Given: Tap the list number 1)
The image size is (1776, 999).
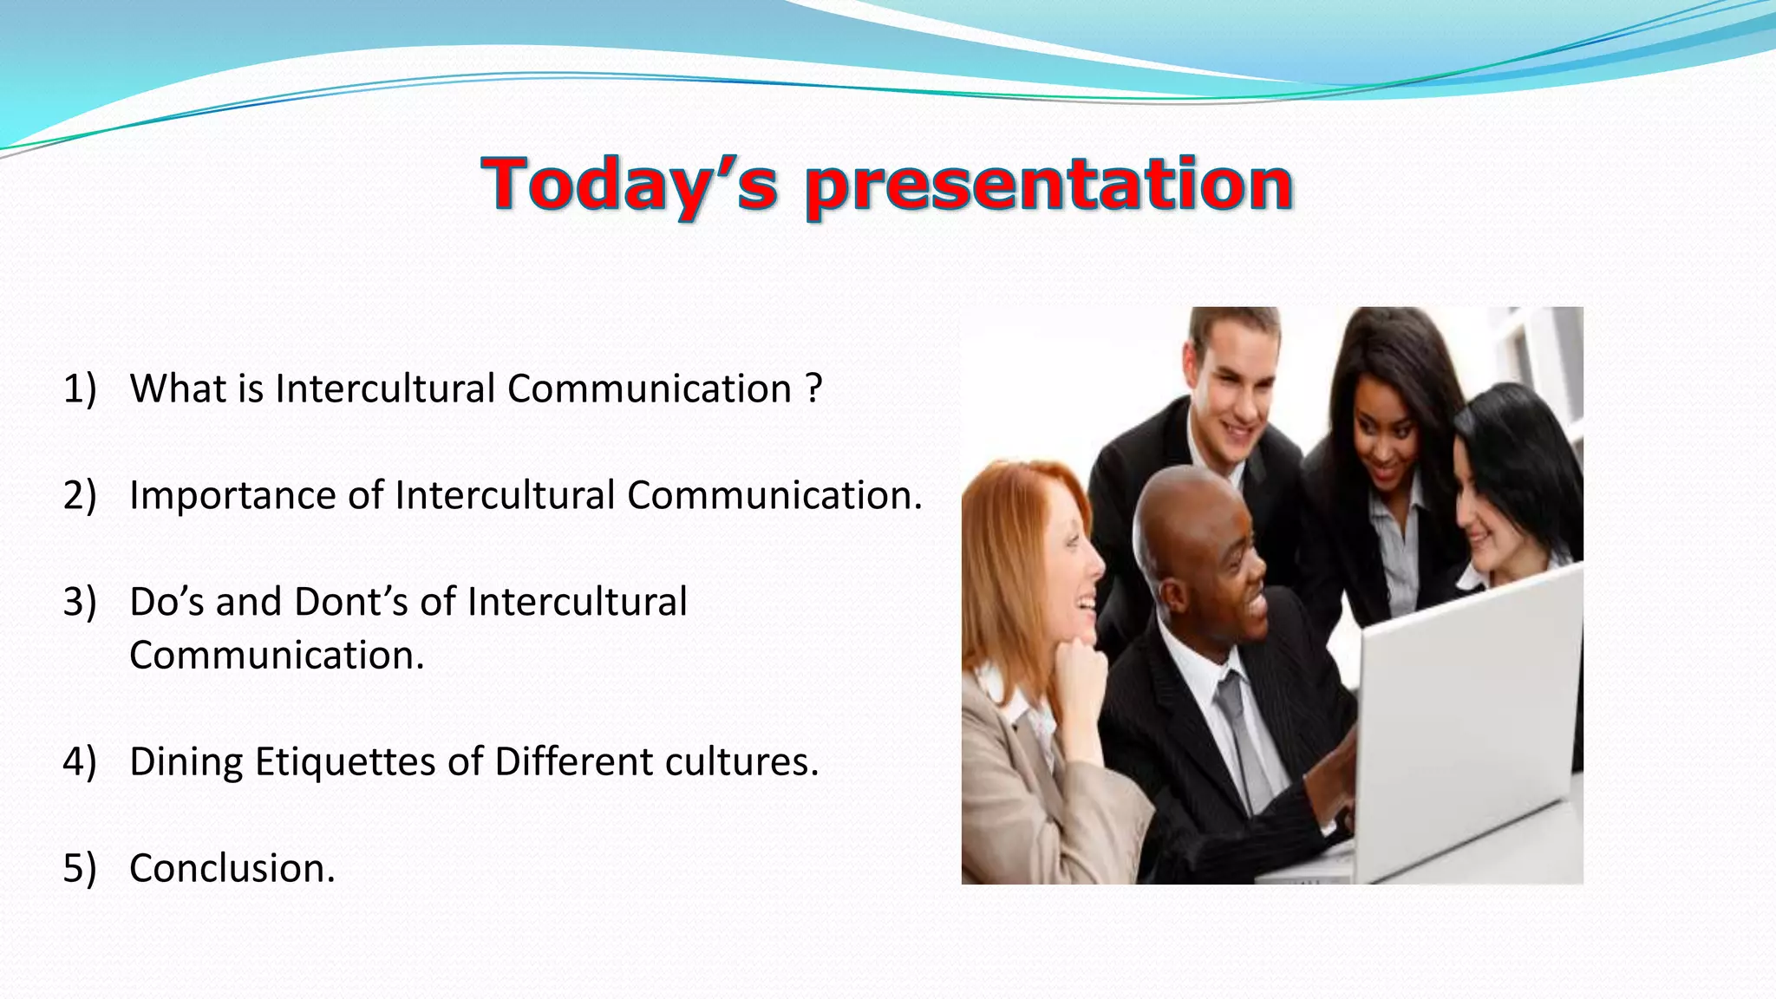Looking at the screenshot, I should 80,388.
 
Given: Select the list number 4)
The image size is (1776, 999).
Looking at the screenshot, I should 80,761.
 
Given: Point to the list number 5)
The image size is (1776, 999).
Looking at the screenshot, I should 80,868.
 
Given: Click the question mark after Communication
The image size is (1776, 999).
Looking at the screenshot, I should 813,388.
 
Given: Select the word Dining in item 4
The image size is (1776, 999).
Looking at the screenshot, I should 186,761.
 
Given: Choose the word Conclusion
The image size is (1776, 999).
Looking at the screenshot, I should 232,868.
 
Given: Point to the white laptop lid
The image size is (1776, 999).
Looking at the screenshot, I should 1466,720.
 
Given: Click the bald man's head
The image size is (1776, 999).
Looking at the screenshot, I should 1188,512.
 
